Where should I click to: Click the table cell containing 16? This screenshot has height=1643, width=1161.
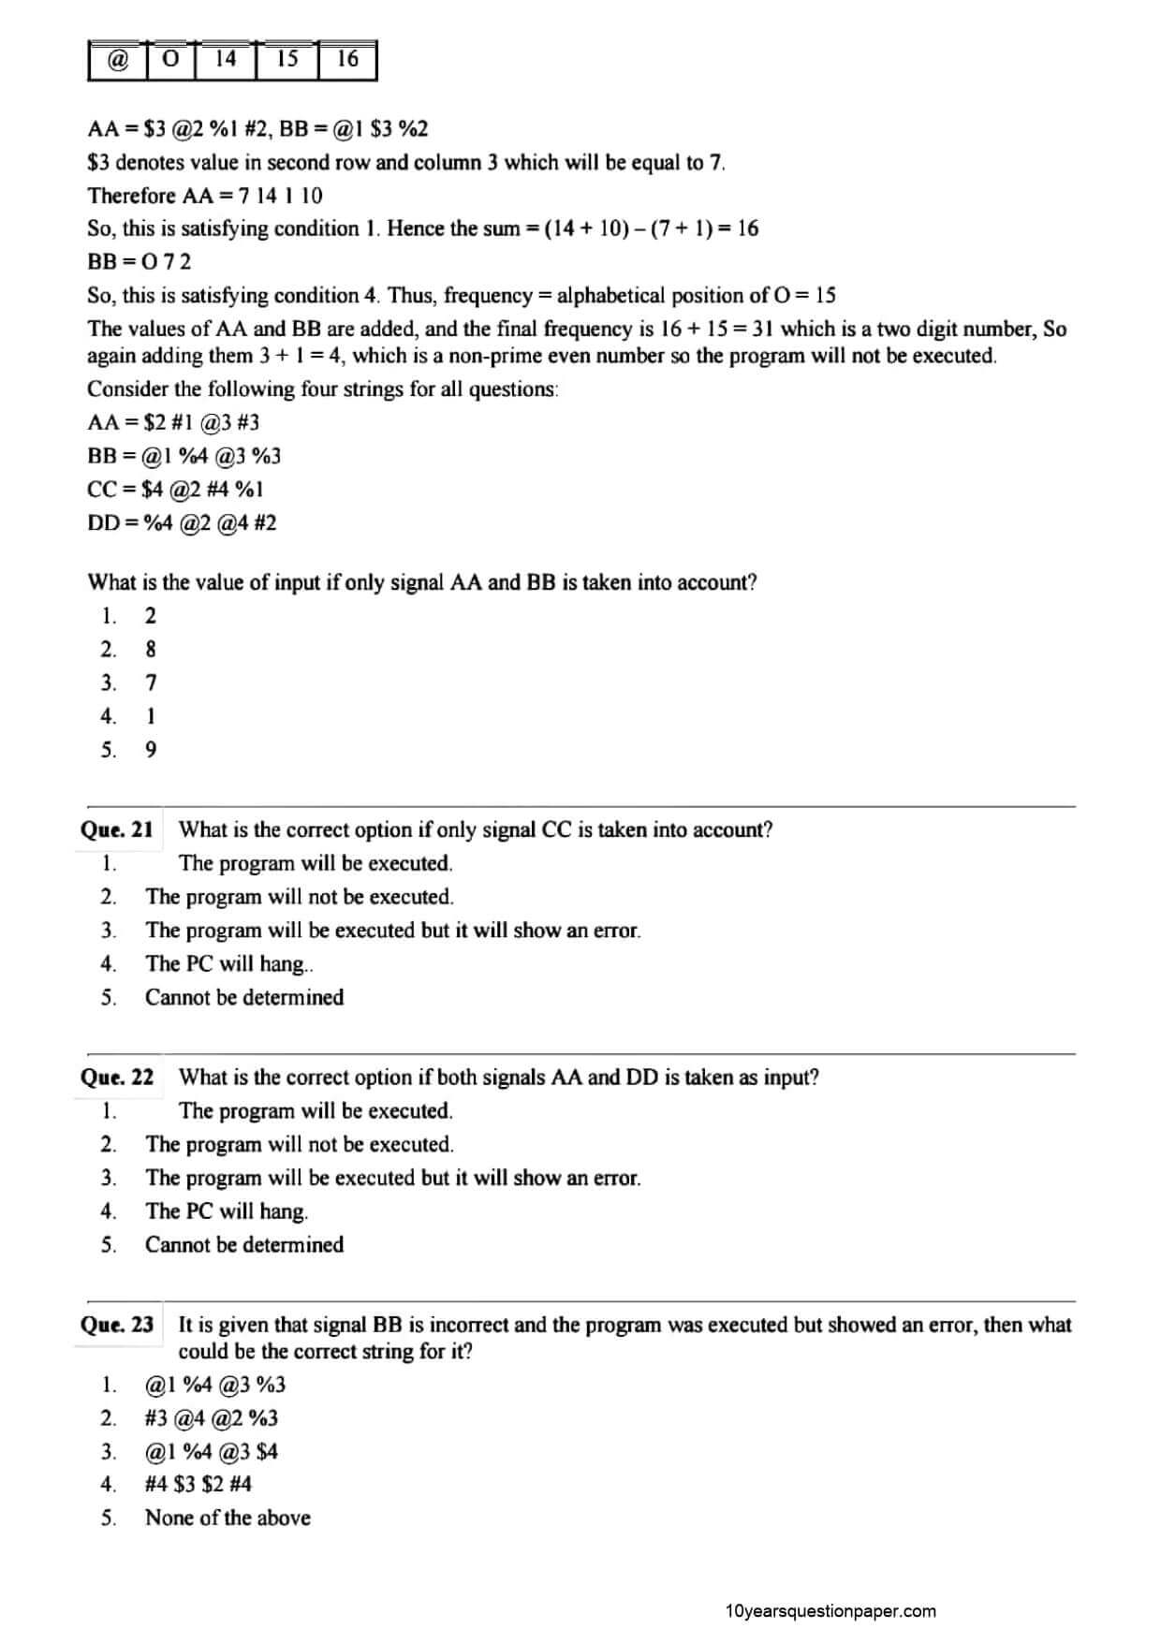pos(347,60)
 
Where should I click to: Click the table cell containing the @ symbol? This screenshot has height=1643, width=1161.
pos(118,60)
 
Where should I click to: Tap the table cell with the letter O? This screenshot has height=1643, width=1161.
pos(170,60)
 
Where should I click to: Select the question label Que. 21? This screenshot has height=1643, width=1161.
pos(117,829)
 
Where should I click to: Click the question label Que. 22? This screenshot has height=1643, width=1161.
pos(117,1077)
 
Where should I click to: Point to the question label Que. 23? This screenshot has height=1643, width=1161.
pos(117,1325)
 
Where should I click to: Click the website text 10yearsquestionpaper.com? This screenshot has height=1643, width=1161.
pos(830,1611)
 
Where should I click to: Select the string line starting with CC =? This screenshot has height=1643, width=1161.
pos(175,489)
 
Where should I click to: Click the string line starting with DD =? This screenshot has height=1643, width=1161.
pos(182,522)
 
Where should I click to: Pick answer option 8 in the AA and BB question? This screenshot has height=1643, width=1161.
pos(151,649)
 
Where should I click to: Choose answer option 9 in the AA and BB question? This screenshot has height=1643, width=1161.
pos(151,750)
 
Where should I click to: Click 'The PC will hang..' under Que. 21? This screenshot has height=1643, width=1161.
pos(229,963)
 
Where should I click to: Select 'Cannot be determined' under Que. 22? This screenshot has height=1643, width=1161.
pos(244,1244)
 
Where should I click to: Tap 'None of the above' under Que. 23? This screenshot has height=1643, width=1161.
pos(228,1518)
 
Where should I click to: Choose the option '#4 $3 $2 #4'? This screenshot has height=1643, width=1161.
pos(198,1484)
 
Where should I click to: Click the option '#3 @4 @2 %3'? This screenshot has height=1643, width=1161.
pos(212,1417)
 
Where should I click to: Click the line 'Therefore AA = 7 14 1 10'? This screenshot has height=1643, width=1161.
pos(205,196)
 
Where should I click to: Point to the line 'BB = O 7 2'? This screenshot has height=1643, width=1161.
pos(139,262)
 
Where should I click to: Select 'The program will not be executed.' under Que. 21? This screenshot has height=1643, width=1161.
pos(300,897)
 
